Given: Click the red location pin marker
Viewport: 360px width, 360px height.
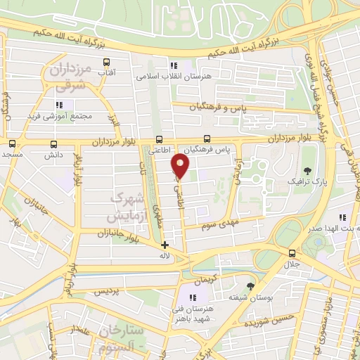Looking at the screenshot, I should point(180,167).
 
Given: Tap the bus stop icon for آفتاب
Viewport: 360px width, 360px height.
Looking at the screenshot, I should point(106,63).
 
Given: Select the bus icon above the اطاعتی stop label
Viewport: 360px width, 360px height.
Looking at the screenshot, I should point(160,139).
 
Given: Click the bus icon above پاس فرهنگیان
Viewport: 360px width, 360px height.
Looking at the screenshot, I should point(207,139).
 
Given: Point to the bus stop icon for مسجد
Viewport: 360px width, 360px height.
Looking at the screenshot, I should point(12,143).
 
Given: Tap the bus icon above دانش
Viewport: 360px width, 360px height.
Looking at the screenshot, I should point(53,143).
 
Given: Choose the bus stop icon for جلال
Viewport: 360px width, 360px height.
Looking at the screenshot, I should point(291,253).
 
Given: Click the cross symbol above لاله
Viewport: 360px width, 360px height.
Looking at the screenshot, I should point(165,245).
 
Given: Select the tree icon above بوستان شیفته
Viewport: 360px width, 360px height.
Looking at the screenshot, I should point(250,285).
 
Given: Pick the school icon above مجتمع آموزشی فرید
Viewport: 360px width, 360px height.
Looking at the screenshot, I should point(59,105).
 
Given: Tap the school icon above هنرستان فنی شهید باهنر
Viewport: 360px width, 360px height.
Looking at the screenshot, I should point(192,297).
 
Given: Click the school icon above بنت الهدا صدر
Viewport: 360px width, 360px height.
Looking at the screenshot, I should point(342,219).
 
